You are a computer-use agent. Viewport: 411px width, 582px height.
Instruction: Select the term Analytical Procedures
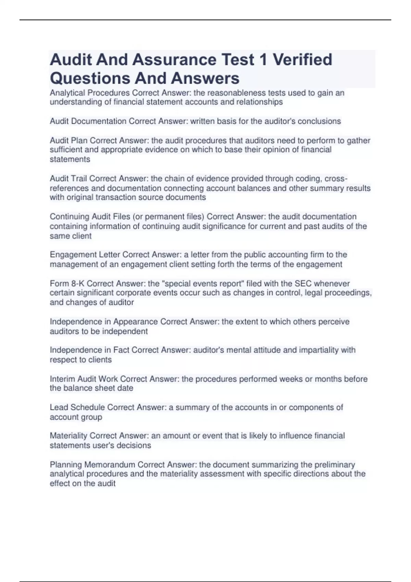pos(90,93)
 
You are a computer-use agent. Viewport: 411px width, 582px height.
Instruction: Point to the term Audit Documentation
pos(88,121)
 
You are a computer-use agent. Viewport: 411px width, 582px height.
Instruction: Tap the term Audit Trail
pos(68,178)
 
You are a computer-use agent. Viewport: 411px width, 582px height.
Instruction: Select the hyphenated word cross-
pos(336,178)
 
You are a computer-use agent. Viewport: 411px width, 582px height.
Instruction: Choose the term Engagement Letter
pos(85,255)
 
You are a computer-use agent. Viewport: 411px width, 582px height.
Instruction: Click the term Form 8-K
pos(67,283)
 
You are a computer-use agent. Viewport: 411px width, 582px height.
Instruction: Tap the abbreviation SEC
pos(303,283)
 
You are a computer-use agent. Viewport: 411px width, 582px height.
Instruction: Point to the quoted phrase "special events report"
pos(202,283)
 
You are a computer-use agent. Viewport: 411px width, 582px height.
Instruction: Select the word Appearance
pos(136,322)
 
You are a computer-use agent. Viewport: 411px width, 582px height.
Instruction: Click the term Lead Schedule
pos(77,407)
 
